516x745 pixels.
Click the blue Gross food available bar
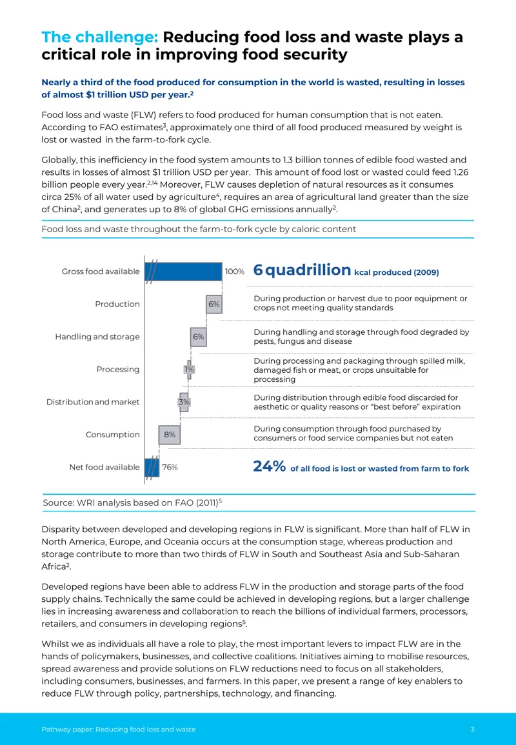(183, 272)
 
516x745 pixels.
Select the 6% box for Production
(214, 304)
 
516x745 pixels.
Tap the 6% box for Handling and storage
(199, 337)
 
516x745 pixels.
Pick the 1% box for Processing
(189, 369)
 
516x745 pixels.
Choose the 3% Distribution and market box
(184, 402)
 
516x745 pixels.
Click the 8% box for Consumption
(170, 435)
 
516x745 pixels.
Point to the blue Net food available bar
(152, 468)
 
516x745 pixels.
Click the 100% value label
(235, 272)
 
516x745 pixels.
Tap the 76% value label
(170, 468)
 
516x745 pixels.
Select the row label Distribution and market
(93, 402)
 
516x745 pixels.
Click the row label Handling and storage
(97, 337)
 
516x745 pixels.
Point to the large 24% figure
(270, 466)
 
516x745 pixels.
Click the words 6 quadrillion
(303, 270)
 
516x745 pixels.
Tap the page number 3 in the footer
(472, 730)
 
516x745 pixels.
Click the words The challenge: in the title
(100, 37)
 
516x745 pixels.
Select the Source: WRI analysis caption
(132, 502)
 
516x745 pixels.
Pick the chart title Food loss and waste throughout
(199, 229)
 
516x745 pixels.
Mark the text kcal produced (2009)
(397, 272)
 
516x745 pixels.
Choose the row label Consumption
(113, 435)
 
